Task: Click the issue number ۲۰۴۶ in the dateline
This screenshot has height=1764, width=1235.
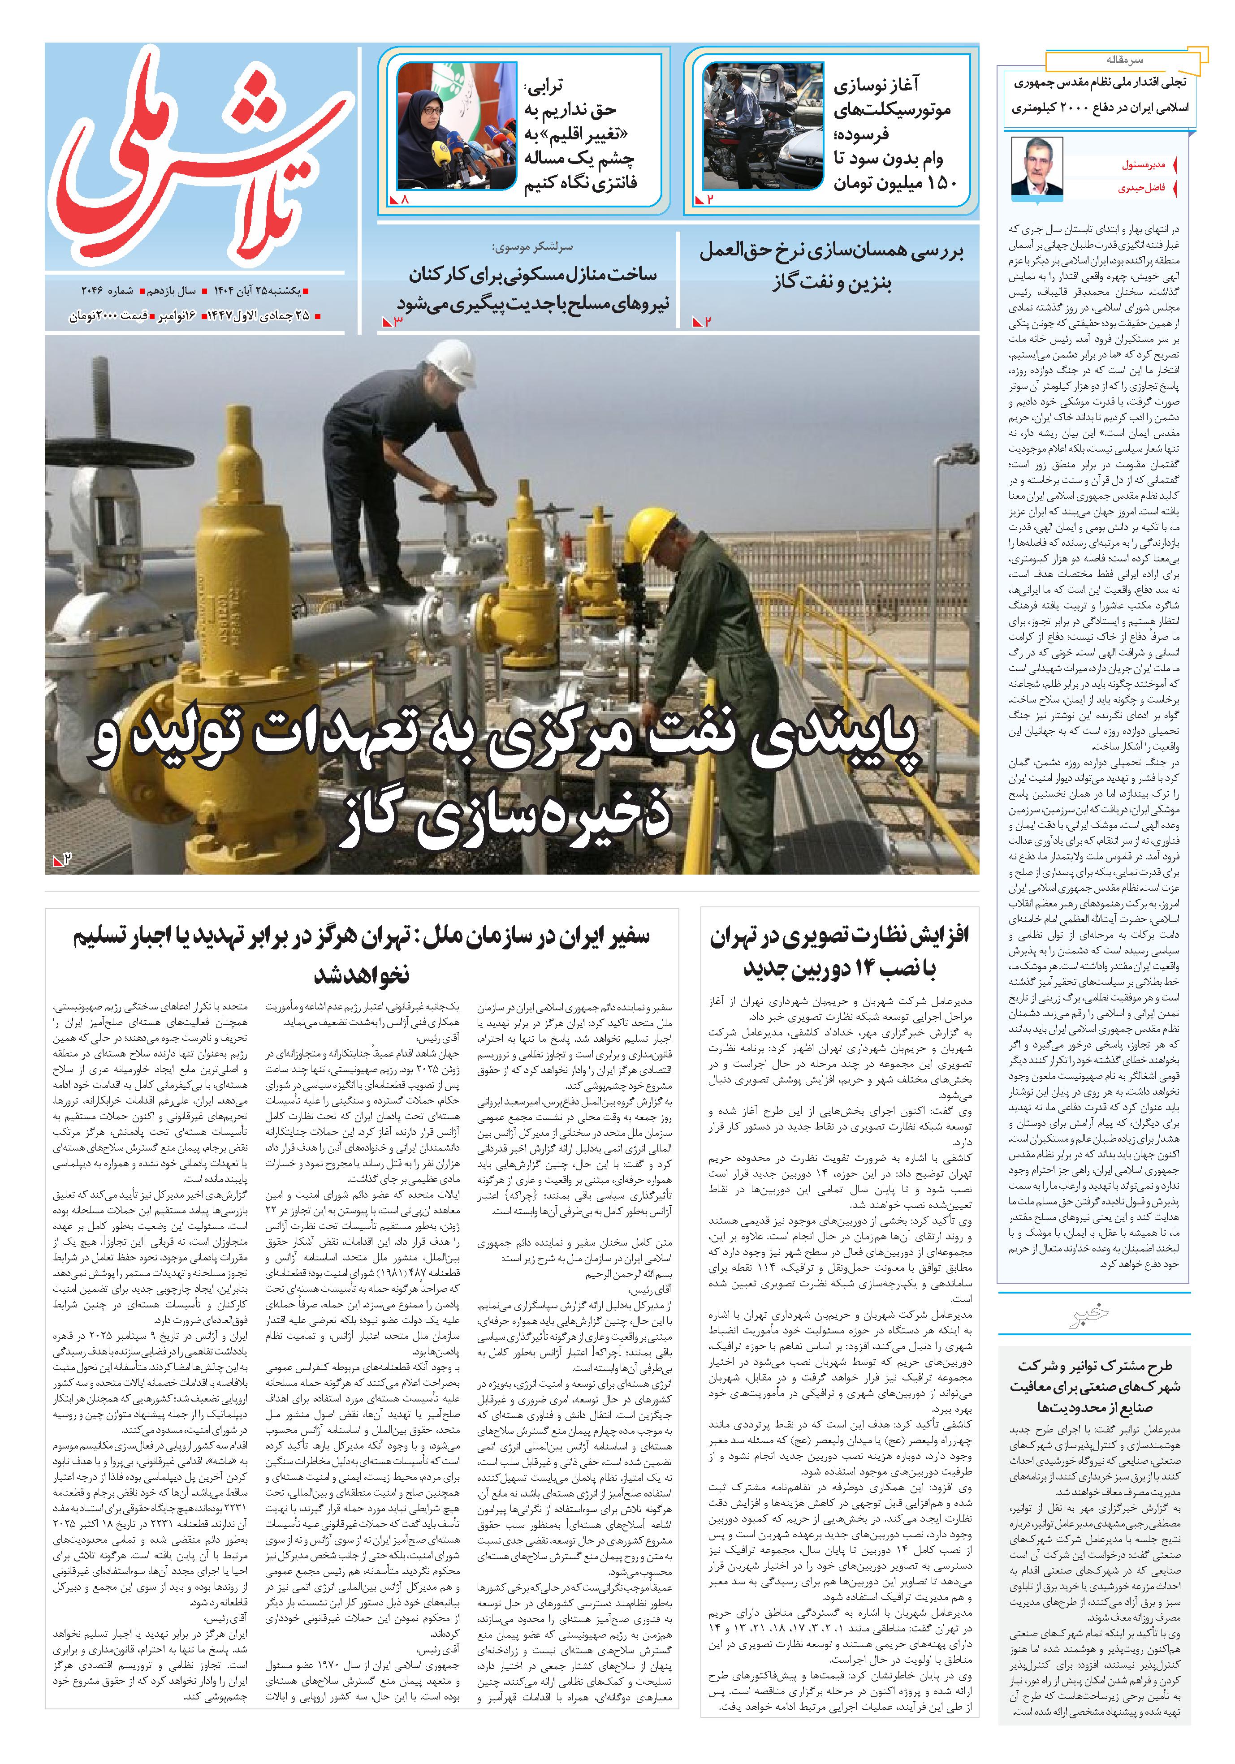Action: click(x=95, y=291)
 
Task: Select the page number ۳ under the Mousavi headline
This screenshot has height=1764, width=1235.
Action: click(x=397, y=321)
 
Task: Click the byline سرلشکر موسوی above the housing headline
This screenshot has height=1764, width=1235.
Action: click(x=532, y=247)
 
